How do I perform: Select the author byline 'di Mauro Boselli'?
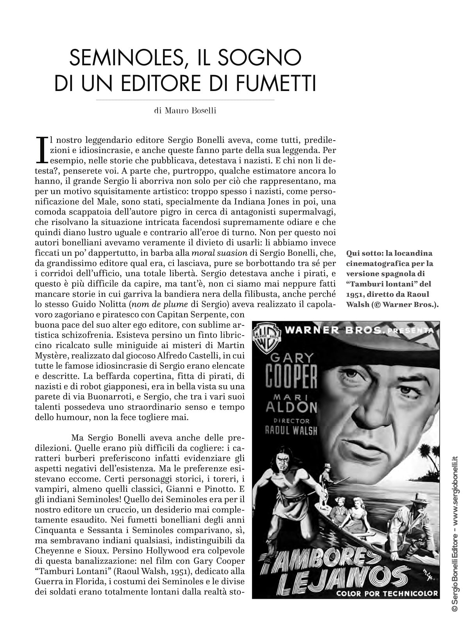click(x=185, y=111)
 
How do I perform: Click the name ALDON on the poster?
click(x=291, y=408)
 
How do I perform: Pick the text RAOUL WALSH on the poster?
click(x=291, y=430)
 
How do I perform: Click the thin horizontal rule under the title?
click(x=185, y=100)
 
